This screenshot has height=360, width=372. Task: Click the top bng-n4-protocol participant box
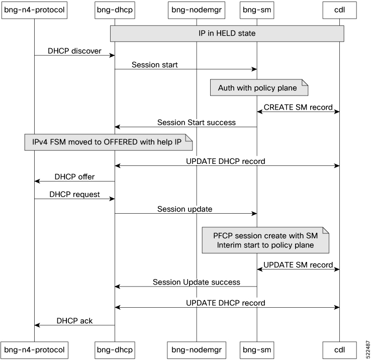point(34,10)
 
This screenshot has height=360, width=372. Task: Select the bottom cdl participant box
point(339,348)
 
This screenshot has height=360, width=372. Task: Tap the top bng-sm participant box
point(257,10)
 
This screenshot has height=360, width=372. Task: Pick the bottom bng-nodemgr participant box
point(197,348)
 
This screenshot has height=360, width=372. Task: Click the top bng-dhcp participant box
point(115,10)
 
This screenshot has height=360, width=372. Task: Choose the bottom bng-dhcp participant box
point(115,348)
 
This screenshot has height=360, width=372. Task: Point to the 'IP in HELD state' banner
point(227,33)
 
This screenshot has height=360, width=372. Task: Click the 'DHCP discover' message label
point(74,51)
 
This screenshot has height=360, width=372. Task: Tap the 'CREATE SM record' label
point(298,107)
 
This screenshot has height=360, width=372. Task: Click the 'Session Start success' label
point(196,122)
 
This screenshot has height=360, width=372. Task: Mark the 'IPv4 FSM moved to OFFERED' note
point(109,142)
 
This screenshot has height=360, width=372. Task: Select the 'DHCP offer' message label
point(74,177)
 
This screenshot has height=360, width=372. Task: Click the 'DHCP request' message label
point(74,194)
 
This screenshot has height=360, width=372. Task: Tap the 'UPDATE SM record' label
point(298,264)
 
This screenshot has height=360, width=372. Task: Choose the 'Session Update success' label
point(196,282)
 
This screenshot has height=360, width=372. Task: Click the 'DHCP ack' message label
point(74,320)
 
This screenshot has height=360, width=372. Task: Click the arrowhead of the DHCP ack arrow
point(37,325)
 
